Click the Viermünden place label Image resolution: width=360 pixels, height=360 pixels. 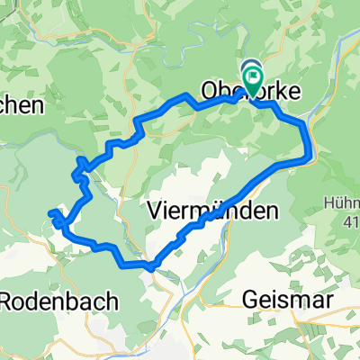(210, 211)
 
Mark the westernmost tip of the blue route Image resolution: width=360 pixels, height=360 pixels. (49, 213)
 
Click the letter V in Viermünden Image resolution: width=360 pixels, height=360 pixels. (153, 211)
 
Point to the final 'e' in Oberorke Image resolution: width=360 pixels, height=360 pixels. (298, 91)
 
